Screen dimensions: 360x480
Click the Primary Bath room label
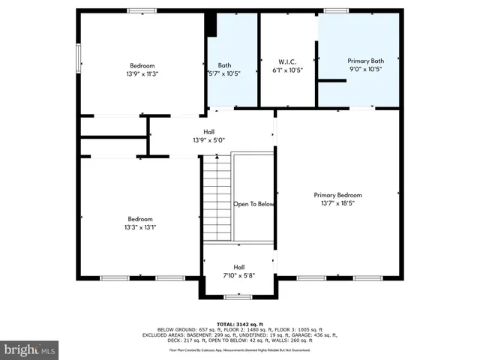[365, 60]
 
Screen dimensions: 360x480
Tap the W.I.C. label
[287, 61]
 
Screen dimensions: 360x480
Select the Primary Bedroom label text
[337, 195]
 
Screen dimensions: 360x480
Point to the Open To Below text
[253, 204]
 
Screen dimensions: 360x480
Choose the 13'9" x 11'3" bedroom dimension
[142, 73]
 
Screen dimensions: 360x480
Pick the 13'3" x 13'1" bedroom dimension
[140, 227]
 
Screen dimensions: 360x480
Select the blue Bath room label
[224, 64]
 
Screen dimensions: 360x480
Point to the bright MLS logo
[30, 349]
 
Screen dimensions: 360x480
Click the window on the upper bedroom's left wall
[77, 58]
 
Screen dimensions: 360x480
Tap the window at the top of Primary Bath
[335, 10]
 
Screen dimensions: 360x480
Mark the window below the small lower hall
[238, 296]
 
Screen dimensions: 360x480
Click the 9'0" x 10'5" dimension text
[365, 69]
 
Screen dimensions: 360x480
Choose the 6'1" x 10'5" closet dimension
[287, 70]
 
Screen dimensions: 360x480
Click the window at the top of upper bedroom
[141, 10]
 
